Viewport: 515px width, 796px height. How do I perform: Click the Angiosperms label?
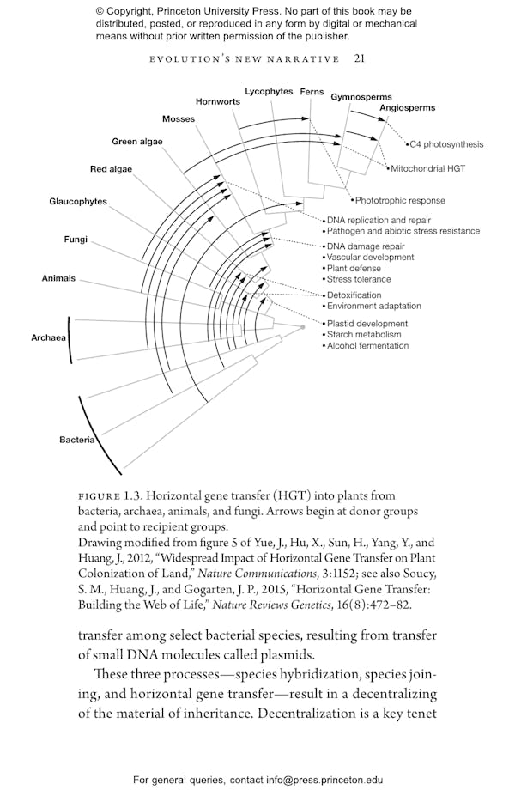click(407, 108)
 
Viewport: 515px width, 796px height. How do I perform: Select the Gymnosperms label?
click(361, 97)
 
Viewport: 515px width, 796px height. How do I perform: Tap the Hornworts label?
click(217, 101)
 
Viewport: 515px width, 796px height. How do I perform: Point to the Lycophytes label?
click(269, 91)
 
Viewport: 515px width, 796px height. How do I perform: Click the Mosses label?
click(179, 118)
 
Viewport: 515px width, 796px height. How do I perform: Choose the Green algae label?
click(137, 141)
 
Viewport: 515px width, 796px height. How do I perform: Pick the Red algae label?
click(111, 169)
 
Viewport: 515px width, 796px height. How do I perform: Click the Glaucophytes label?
click(78, 201)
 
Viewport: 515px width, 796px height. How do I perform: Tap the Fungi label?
click(76, 239)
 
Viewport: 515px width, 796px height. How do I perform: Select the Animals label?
click(58, 278)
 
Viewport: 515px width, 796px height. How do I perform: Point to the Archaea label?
click(49, 337)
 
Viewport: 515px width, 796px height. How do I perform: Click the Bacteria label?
click(76, 440)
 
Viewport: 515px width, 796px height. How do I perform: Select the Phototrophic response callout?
click(399, 200)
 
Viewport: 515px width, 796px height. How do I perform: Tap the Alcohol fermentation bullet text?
click(367, 345)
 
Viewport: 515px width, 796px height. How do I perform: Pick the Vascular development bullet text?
click(370, 257)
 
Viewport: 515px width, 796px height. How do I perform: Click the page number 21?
click(360, 58)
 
